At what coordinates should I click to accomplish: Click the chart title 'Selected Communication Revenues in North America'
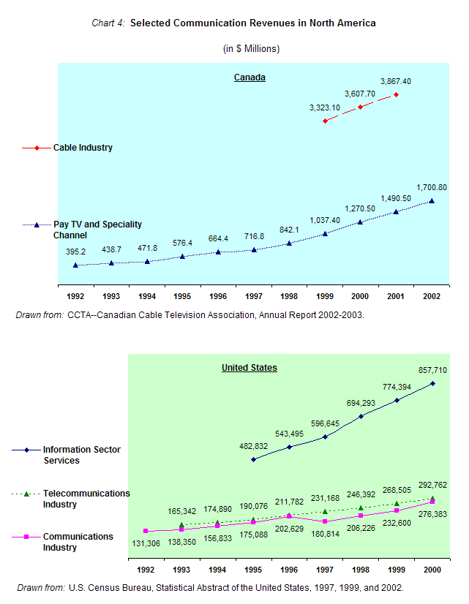click(x=252, y=23)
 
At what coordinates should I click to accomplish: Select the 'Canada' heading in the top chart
click(x=249, y=78)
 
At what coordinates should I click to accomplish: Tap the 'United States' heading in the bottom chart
click(x=249, y=368)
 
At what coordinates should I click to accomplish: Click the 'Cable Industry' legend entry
click(x=83, y=148)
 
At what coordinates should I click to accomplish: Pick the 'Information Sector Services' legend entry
click(x=82, y=455)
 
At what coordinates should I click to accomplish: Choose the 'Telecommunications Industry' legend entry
click(x=86, y=499)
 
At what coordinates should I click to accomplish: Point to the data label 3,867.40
click(x=396, y=80)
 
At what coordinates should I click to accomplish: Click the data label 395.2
click(x=76, y=251)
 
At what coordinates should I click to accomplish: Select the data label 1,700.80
click(x=432, y=187)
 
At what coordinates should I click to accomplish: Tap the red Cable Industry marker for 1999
click(x=325, y=121)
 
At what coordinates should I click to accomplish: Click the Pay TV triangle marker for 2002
click(x=432, y=201)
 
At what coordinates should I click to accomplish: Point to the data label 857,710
click(x=432, y=371)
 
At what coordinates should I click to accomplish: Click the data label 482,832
click(x=254, y=446)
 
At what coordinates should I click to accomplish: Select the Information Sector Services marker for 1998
click(x=361, y=416)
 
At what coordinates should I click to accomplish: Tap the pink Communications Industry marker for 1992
click(x=146, y=531)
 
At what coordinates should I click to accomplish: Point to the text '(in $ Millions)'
click(x=251, y=49)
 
